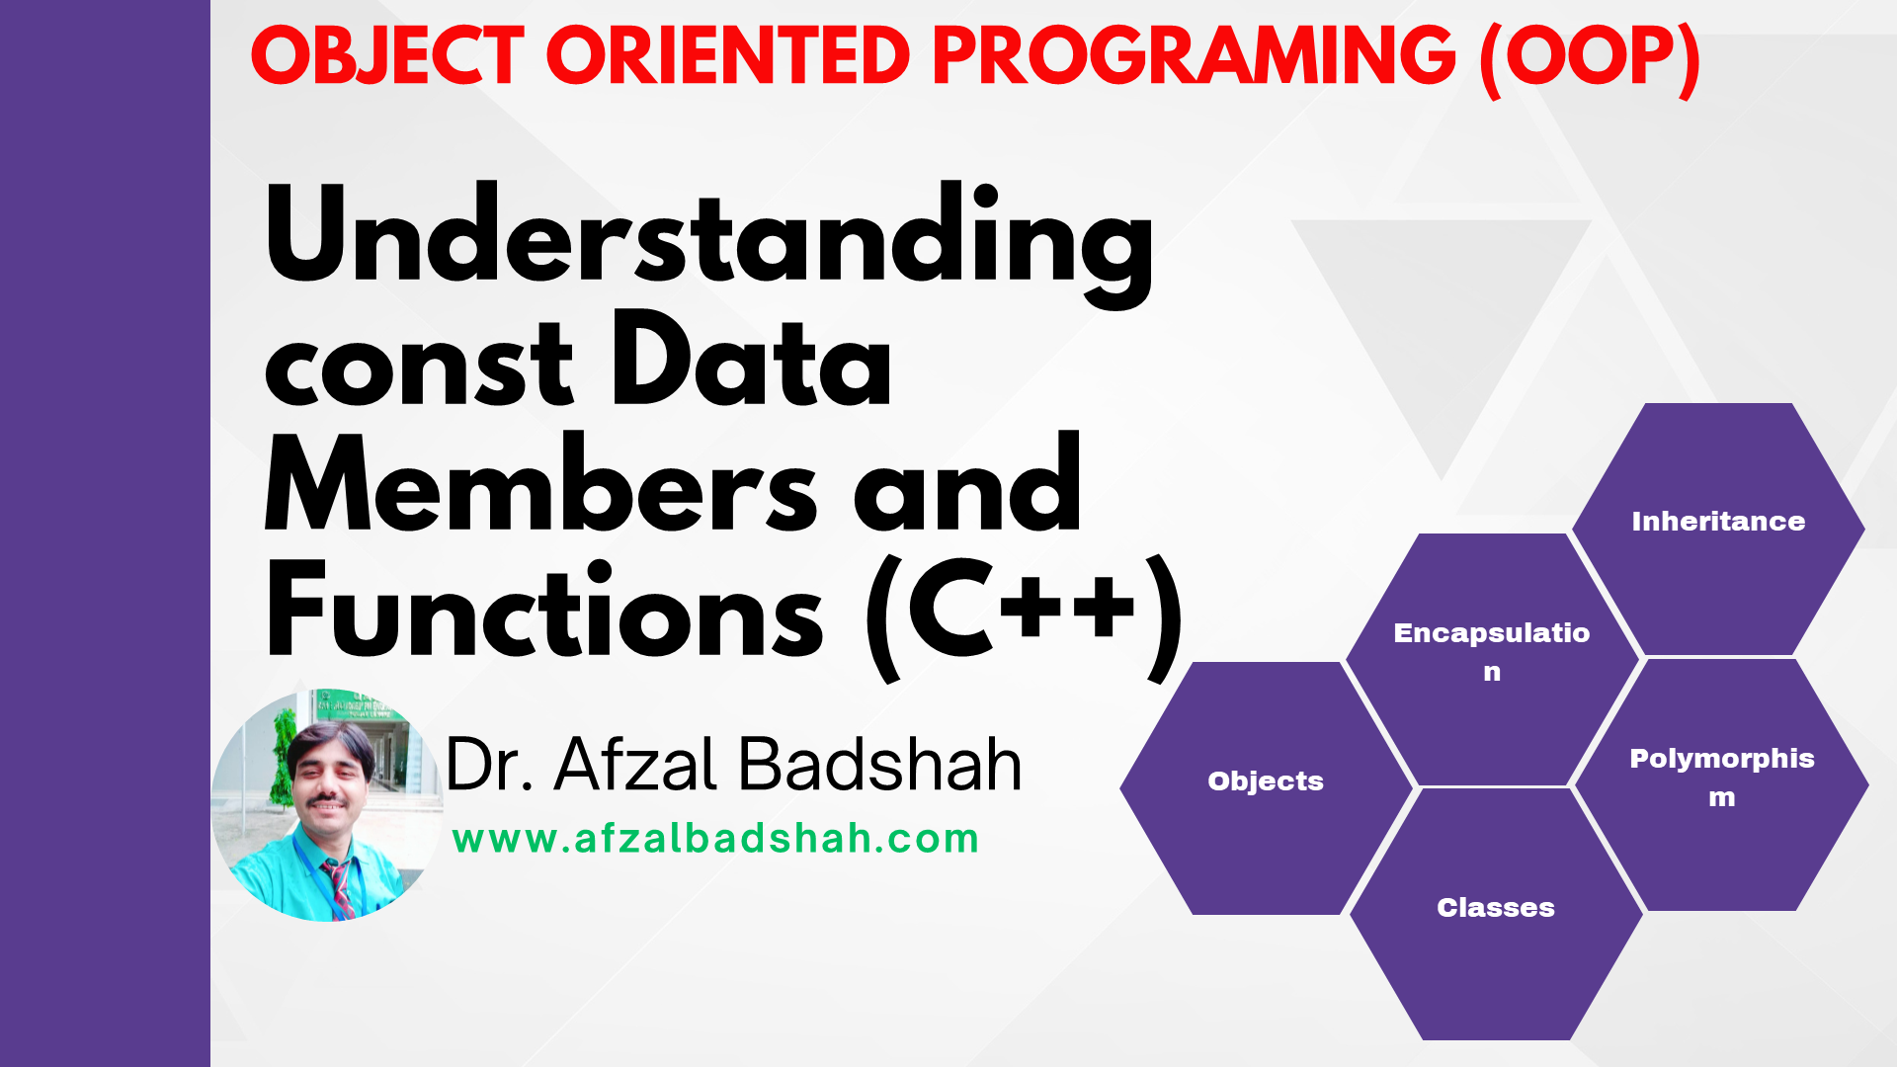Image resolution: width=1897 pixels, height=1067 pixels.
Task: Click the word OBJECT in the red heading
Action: point(387,55)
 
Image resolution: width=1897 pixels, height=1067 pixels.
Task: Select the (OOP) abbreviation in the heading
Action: point(1590,58)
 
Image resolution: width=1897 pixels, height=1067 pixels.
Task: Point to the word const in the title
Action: point(419,365)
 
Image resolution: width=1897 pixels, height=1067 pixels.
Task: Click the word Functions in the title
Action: point(544,609)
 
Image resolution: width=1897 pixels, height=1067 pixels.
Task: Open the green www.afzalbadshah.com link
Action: point(715,839)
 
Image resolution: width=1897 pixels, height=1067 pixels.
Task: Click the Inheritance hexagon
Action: point(1718,529)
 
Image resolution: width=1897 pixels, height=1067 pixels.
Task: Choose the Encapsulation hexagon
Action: point(1492,659)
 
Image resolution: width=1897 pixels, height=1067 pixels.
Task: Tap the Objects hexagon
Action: point(1266,788)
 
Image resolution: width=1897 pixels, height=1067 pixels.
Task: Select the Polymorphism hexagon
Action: point(1721,784)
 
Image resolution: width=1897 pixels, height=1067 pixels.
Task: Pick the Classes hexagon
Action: point(1496,914)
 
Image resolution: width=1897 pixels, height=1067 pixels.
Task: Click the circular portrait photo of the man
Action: point(327,805)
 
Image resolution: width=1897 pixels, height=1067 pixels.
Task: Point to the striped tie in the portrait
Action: point(339,887)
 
